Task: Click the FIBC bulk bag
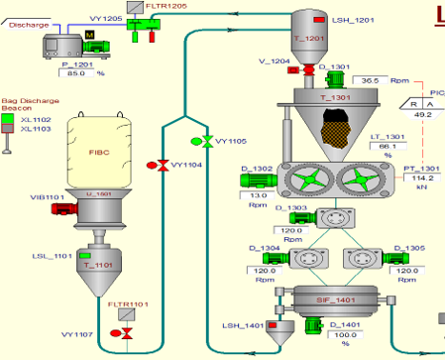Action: click(98, 153)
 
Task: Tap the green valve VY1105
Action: click(208, 140)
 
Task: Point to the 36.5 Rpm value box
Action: click(372, 80)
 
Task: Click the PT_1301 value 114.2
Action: click(424, 178)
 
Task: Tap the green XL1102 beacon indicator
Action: click(8, 119)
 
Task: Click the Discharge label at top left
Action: click(28, 25)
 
